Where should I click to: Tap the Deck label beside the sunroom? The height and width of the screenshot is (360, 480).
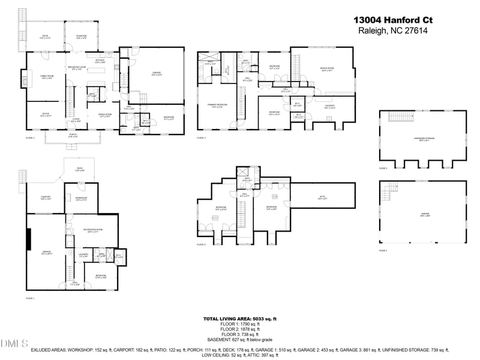click(x=45, y=37)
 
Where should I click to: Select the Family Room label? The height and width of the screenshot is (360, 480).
click(x=47, y=76)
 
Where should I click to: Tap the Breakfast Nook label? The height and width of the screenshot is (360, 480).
click(x=79, y=68)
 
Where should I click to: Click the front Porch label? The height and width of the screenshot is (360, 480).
click(x=73, y=136)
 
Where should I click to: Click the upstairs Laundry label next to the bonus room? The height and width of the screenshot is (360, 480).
click(x=329, y=107)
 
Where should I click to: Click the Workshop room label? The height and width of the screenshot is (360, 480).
click(x=81, y=199)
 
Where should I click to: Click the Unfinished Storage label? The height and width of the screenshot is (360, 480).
click(x=423, y=139)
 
